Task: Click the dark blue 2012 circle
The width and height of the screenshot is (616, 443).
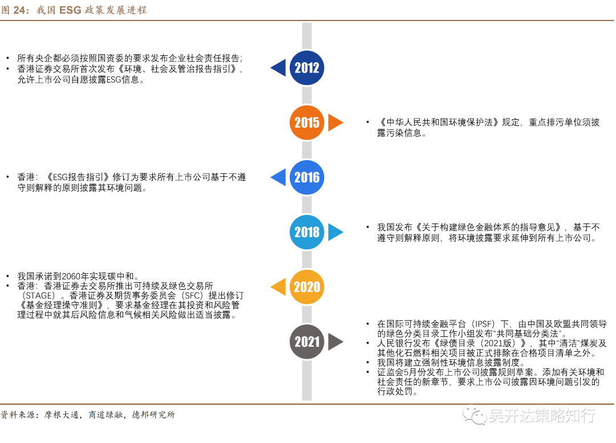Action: coord(307,68)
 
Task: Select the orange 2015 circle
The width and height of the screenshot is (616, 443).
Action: coord(307,123)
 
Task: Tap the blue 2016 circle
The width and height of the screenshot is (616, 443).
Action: coord(307,177)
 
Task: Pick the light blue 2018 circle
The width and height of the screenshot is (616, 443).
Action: coord(307,232)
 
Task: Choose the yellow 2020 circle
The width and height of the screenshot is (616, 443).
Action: coord(307,287)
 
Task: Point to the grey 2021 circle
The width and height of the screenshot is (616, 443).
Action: coord(307,342)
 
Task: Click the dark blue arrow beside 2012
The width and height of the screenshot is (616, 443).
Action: coord(279,68)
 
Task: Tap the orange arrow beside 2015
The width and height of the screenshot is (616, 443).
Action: coord(335,123)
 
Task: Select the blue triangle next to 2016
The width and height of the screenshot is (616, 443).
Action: coord(279,177)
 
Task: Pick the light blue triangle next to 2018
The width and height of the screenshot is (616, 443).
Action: coord(335,232)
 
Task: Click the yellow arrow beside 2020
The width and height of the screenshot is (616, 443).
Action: coord(279,287)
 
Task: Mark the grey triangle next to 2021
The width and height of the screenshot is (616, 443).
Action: coord(335,342)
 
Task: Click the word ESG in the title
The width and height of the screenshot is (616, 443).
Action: coord(71,10)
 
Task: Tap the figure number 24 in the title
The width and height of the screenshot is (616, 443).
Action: coord(21,10)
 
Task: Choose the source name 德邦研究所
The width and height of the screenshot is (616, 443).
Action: coord(153,415)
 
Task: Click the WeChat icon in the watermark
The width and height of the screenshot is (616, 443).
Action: coord(474,414)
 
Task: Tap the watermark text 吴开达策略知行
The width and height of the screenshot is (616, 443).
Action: coord(542,415)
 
